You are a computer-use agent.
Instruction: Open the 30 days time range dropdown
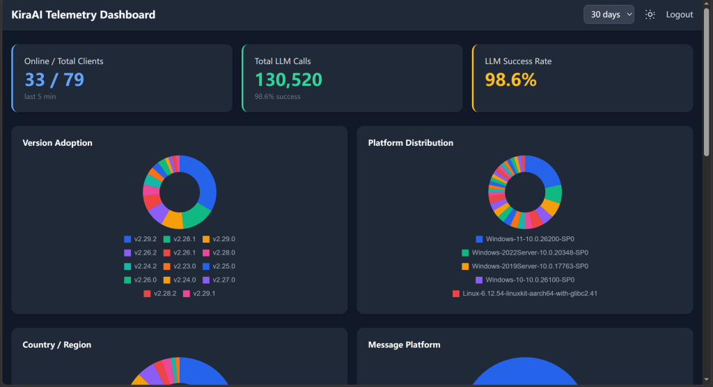[x=609, y=15]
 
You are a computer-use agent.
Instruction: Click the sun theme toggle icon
[x=650, y=15]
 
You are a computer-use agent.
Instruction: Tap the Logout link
[x=680, y=15]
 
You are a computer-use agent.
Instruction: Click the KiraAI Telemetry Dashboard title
[x=84, y=15]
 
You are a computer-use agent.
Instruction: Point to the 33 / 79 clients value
[x=54, y=79]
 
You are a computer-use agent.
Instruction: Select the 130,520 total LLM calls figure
[x=288, y=79]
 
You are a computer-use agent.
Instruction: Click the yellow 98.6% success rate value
[x=510, y=79]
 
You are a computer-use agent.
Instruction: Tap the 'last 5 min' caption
[x=40, y=96]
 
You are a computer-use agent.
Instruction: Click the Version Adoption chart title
[x=57, y=143]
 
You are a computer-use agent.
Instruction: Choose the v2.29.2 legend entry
[x=140, y=239]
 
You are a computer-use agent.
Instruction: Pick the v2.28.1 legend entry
[x=180, y=239]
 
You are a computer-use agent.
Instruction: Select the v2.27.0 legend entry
[x=219, y=280]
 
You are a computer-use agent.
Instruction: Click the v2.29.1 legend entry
[x=199, y=294]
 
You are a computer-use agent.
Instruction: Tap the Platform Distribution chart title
[x=411, y=143]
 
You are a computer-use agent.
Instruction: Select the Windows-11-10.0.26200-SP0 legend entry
[x=525, y=239]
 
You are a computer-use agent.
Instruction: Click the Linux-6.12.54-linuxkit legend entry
[x=525, y=294]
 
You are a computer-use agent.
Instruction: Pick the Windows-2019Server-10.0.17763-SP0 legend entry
[x=525, y=266]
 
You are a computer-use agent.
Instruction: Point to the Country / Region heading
[x=57, y=344]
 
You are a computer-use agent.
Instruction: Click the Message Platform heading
[x=405, y=344]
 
